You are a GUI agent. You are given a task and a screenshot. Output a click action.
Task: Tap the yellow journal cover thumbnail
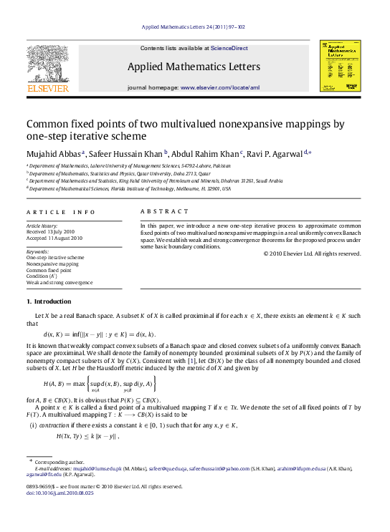coord(340,65)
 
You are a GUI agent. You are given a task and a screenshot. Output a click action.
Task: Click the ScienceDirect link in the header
coord(229,48)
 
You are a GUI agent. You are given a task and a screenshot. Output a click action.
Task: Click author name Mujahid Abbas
coord(54,152)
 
